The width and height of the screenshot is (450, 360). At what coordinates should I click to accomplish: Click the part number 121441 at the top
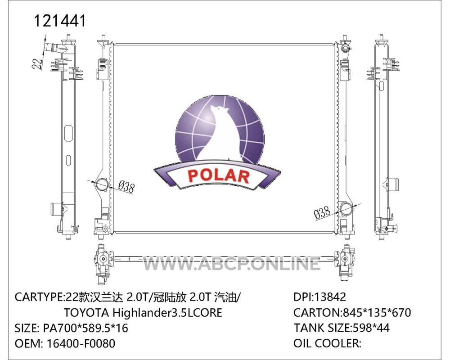coord(60,21)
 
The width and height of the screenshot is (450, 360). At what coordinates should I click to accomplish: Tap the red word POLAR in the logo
coord(218,175)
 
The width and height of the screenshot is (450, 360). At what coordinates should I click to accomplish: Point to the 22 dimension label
coord(37,64)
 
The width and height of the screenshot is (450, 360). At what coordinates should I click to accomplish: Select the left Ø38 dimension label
coord(126,187)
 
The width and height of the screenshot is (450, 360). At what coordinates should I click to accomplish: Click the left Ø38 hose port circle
coord(102,185)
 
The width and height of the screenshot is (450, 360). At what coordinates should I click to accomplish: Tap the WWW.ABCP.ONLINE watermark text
coord(232,263)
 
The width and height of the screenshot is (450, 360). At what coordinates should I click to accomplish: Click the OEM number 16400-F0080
coord(81,343)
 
